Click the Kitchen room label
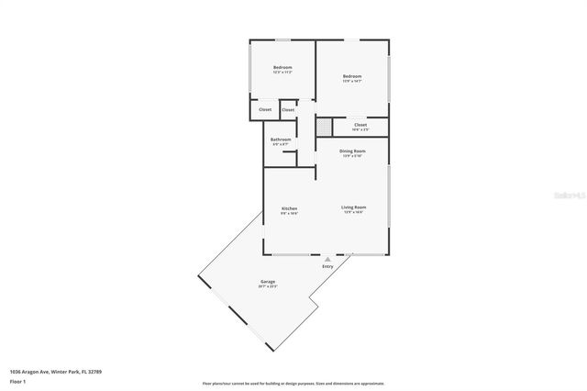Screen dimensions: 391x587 (289, 208)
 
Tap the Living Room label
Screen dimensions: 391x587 (354, 208)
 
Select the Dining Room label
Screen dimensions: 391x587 (353, 151)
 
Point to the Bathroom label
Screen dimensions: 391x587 (281, 140)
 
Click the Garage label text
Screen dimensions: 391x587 (268, 282)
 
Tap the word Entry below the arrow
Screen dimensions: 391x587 (327, 266)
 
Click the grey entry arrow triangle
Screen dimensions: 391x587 (327, 259)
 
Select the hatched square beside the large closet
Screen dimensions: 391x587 (324, 125)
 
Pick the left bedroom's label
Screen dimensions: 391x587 (282, 67)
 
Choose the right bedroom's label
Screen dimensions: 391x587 (352, 76)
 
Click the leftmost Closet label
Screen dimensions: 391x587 (264, 110)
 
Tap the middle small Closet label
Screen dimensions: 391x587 (288, 110)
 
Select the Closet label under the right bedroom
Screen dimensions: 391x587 (360, 124)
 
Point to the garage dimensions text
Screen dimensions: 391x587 (268, 287)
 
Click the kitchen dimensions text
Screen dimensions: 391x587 (289, 213)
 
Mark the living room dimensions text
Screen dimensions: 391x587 (354, 213)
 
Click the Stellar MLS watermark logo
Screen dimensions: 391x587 (565, 195)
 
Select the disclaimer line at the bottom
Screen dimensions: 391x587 (293, 383)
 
